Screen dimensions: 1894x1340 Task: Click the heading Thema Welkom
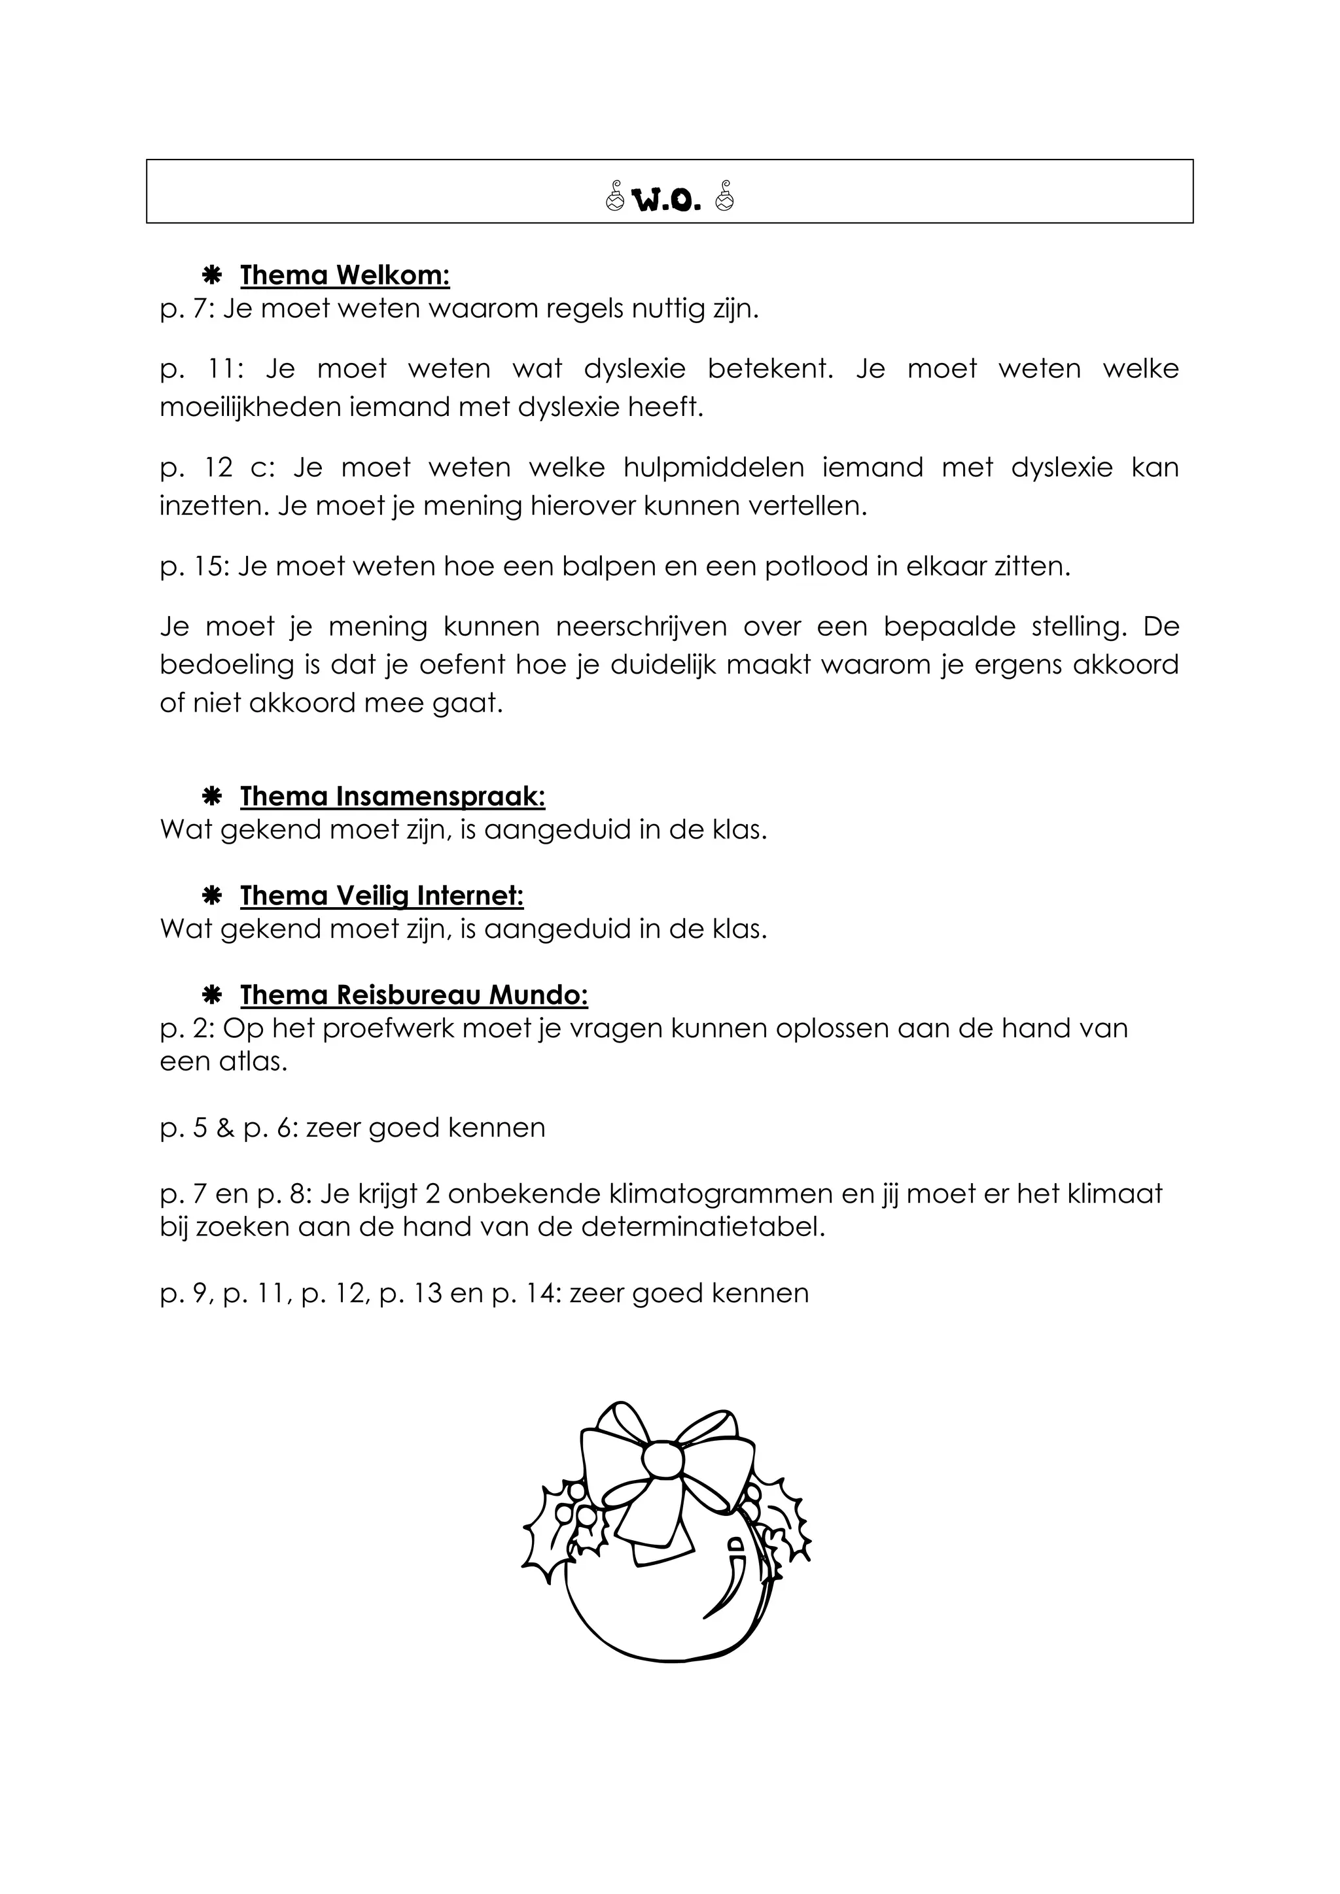click(344, 275)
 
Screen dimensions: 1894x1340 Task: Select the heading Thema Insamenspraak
click(392, 797)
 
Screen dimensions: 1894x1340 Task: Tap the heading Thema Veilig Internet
click(381, 896)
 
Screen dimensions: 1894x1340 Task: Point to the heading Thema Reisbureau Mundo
click(414, 995)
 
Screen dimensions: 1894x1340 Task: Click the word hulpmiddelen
click(713, 468)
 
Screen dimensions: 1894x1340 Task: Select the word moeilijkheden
click(250, 407)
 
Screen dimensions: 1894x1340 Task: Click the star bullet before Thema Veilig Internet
click(211, 896)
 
